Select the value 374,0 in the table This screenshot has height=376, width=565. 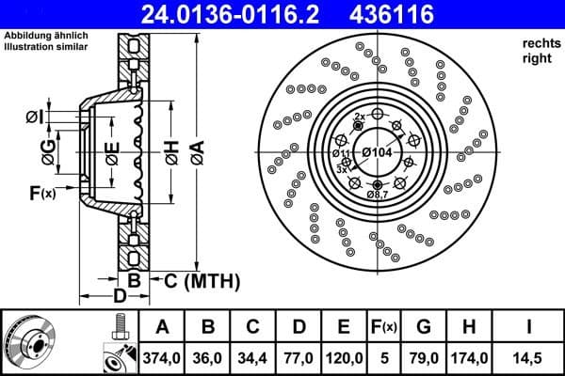tap(162, 356)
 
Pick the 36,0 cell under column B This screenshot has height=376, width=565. tap(208, 356)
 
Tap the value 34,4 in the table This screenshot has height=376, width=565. tap(253, 356)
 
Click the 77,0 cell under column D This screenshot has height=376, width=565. tap(299, 356)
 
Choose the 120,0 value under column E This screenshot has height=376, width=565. tap(344, 356)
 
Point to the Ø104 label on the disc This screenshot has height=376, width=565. tap(376, 152)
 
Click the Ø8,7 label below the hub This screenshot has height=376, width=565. tap(378, 194)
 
